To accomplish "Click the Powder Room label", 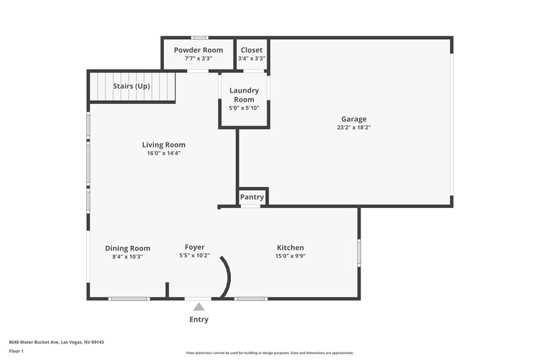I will pos(198,50).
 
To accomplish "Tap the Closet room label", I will pos(251,50).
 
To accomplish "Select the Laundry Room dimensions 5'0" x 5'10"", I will pos(244,108).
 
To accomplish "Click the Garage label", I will pos(354,119).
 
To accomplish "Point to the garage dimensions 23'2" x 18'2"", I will pos(354,127).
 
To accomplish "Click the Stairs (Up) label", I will pos(132,86).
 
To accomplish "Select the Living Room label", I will pos(163,145).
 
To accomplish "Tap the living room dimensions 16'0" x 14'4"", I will pos(163,153).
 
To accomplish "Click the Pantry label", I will pos(252,197).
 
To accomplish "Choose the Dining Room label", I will pos(128,248).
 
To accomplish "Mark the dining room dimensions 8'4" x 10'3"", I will pos(128,257).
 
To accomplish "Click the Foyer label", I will pos(194,247).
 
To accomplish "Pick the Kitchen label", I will pos(290,248).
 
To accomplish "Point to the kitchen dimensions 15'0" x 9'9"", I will pos(290,257).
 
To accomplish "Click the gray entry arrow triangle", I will pos(198,307).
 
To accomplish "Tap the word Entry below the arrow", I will pos(198,319).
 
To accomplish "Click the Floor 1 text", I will pos(16,352).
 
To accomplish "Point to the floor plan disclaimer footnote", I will pos(269,353).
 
